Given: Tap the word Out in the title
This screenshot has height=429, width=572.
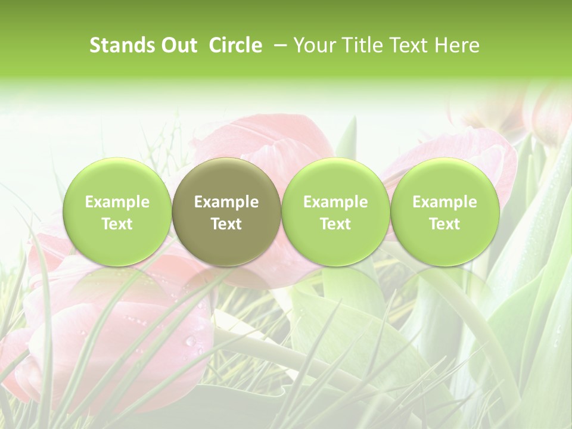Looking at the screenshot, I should point(178,45).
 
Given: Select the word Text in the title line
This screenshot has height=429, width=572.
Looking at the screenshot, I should point(406,45).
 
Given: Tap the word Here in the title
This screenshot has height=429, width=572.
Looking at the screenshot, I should point(456,45).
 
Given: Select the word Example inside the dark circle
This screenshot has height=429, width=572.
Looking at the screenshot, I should point(226,202).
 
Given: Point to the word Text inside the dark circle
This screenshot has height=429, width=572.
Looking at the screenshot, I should point(226,224).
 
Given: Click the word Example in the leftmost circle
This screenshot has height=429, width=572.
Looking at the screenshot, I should point(117,202).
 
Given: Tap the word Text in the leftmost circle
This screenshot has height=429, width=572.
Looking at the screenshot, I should point(117,224).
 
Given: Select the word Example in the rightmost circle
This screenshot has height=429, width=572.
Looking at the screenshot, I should point(444,202).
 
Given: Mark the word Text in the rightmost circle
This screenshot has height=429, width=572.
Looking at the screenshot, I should point(444,224).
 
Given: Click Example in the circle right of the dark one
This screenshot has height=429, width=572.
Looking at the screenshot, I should point(335,202).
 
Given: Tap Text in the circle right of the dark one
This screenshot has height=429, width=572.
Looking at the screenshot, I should point(335,224).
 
